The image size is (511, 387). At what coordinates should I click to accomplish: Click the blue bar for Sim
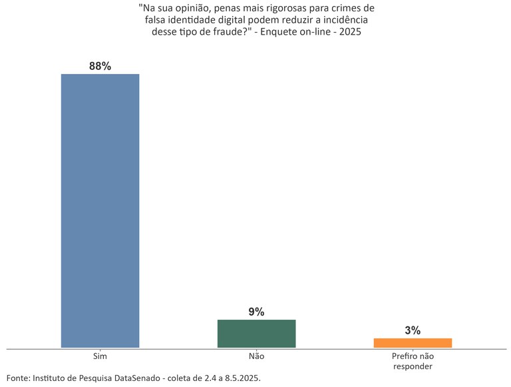tap(100, 210)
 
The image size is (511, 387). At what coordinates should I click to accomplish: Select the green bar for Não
tap(256, 333)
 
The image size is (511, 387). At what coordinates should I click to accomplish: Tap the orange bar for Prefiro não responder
tap(413, 342)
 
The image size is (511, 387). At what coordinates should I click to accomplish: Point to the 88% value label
tap(100, 66)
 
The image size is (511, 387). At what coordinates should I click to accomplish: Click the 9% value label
tap(256, 312)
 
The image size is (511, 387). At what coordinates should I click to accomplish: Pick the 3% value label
tap(413, 330)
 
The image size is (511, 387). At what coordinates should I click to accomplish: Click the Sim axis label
tap(100, 356)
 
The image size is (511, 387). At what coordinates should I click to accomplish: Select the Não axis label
tap(256, 356)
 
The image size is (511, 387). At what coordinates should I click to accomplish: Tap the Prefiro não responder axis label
tap(413, 361)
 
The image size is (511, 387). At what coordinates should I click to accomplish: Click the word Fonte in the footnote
tap(17, 378)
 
